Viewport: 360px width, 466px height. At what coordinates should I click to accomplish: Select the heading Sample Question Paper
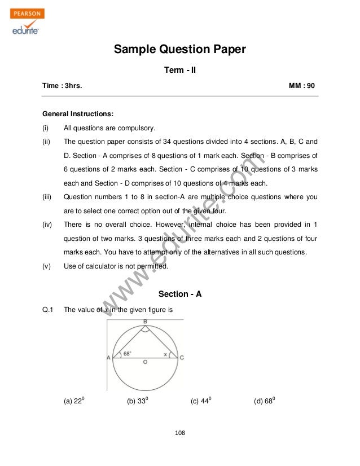coord(180,50)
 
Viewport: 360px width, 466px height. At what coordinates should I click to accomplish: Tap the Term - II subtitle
coord(179,71)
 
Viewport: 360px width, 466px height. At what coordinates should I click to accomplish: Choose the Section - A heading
coord(180,294)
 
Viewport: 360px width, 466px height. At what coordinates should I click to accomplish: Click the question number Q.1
coord(47,310)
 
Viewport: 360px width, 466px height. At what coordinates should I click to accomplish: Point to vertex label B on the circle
coord(145,322)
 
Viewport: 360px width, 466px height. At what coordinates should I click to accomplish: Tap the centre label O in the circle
coord(146,363)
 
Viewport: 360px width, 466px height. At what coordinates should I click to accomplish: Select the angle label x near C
coord(165,354)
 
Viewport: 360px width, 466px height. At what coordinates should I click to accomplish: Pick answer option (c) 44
coord(201,401)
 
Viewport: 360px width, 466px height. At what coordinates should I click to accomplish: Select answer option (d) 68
coord(265,401)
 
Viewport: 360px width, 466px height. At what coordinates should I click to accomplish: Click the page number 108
coord(180,433)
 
